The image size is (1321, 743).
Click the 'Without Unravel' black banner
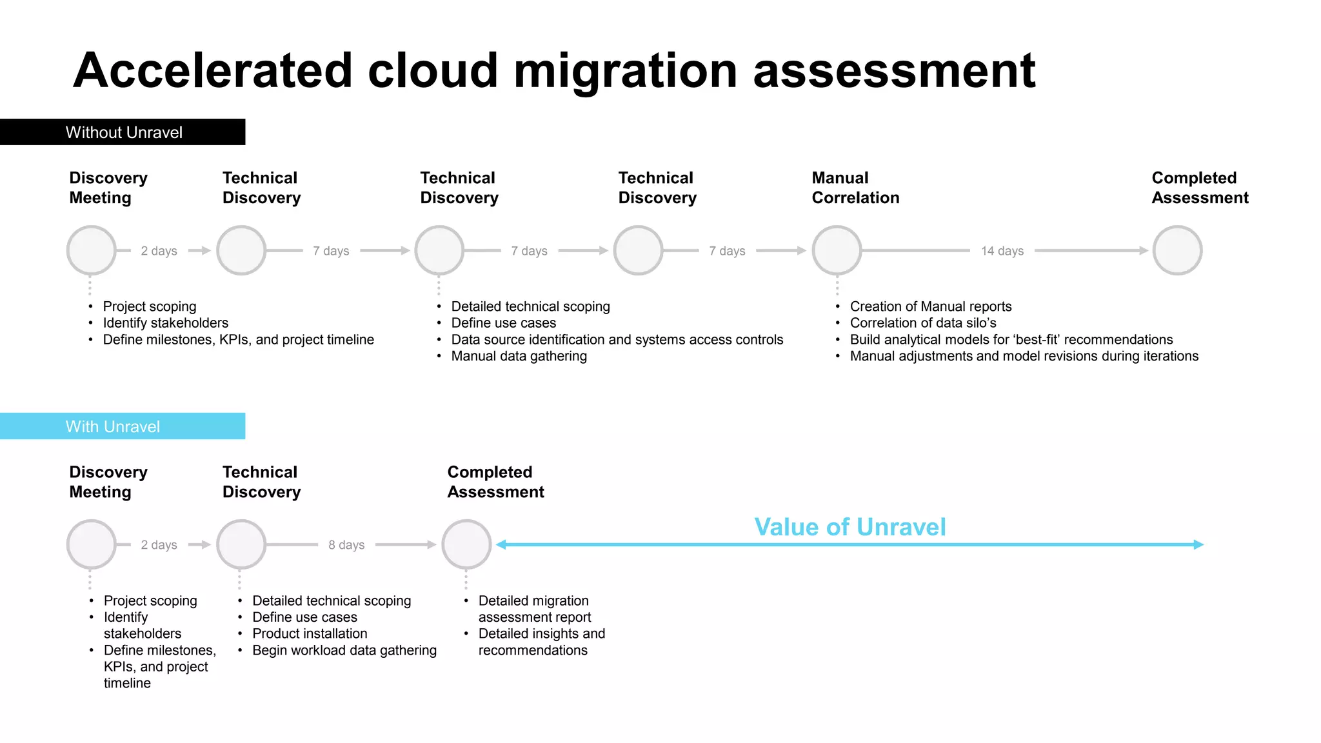click(123, 132)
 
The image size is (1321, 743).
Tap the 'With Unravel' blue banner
click(123, 426)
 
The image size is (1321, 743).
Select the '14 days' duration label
click(1002, 251)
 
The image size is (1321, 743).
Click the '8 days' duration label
click(346, 545)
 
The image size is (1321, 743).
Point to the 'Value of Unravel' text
click(849, 527)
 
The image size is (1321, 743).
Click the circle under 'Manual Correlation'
click(837, 250)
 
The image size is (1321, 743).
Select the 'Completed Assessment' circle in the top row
click(1177, 250)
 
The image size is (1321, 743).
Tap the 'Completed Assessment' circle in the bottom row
click(466, 544)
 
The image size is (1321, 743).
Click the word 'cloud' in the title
click(433, 70)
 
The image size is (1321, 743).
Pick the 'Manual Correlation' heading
click(855, 188)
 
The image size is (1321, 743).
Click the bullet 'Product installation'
click(310, 633)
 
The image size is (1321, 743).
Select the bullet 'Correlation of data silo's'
click(922, 323)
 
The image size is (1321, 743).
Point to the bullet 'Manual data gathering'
click(519, 356)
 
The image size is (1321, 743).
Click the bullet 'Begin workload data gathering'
click(344, 650)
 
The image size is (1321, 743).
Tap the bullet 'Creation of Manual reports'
click(930, 306)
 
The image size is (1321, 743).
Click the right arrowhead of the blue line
click(1198, 544)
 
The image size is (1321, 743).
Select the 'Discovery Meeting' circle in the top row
click(92, 250)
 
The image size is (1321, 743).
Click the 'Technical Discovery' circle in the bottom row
click(241, 544)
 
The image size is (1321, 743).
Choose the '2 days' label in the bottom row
click(159, 545)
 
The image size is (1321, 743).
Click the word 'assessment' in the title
click(893, 70)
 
